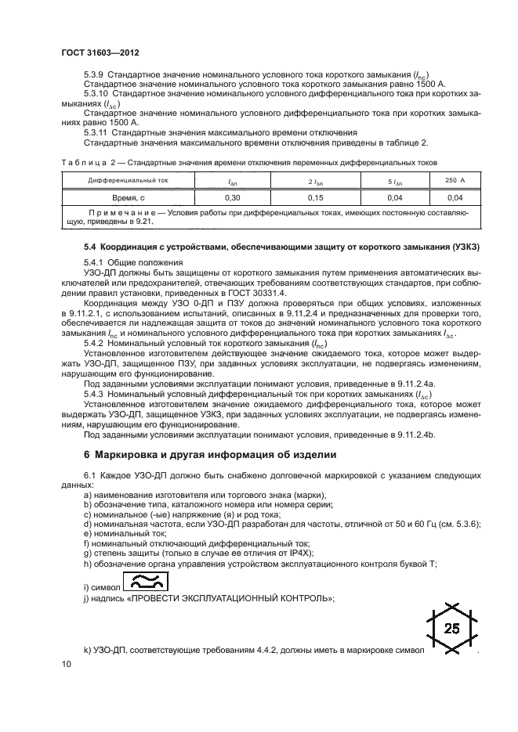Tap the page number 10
point(65,664)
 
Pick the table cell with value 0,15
point(316,197)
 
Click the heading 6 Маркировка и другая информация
point(212,454)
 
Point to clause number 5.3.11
point(96,132)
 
